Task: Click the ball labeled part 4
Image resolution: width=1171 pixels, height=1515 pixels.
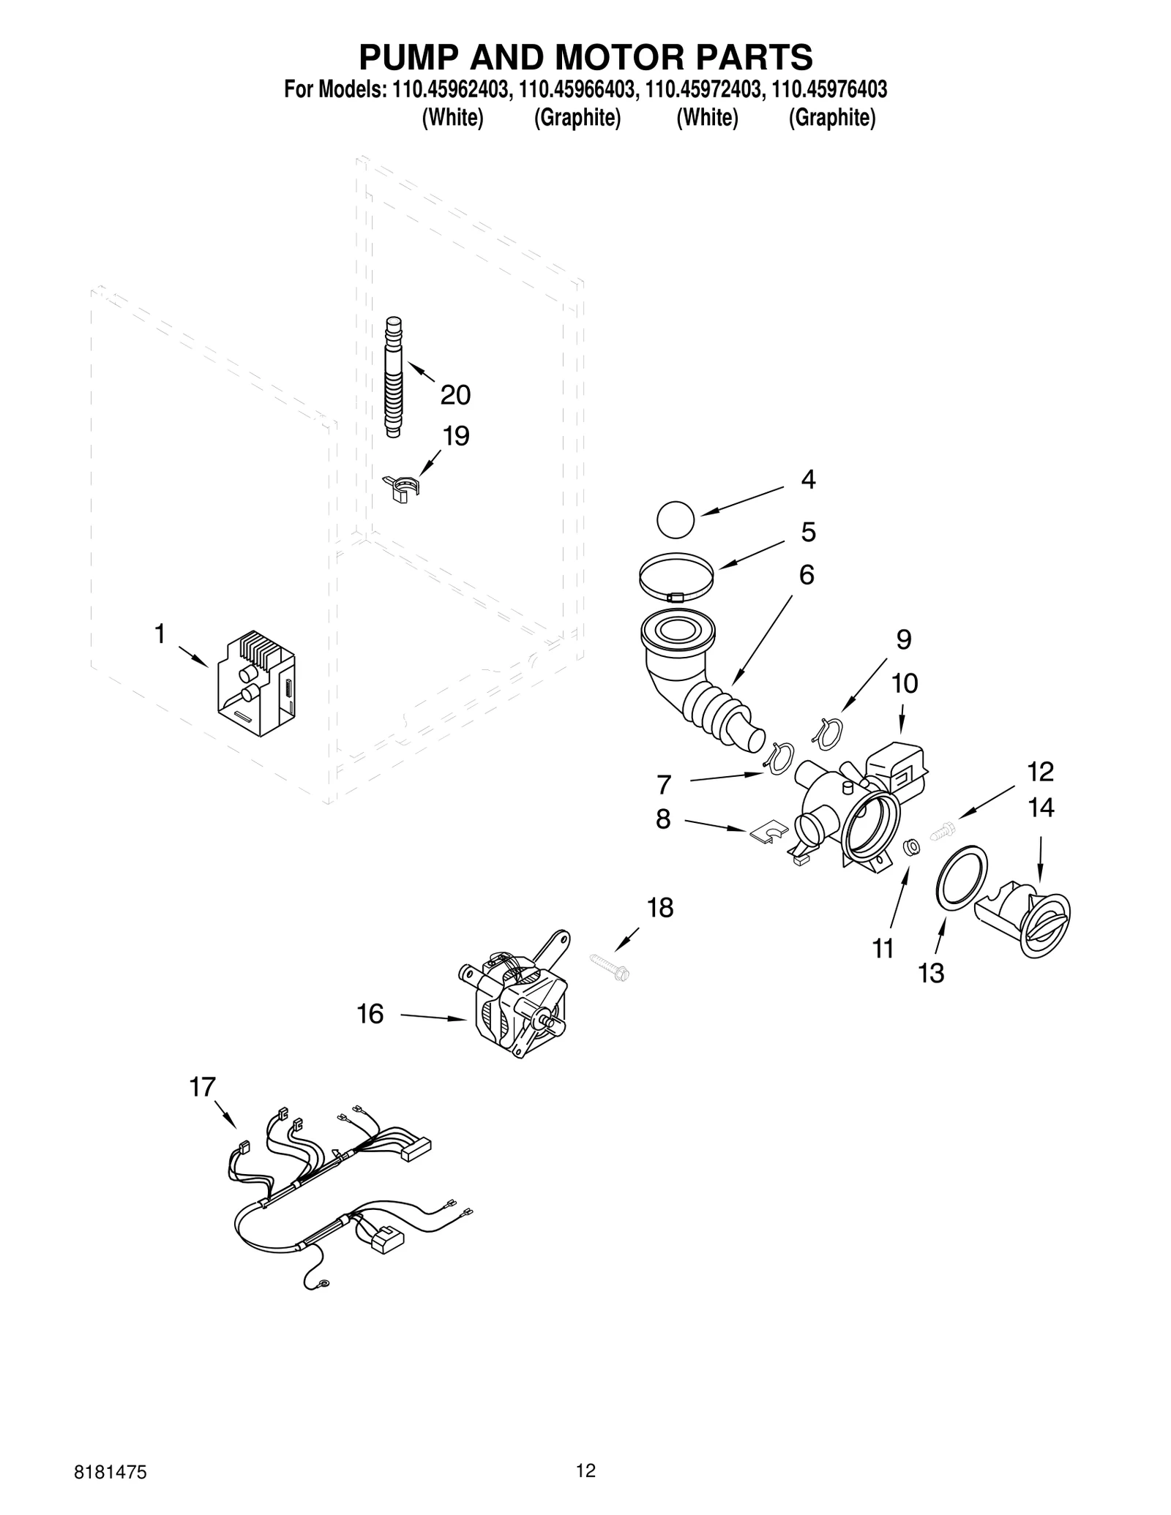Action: [x=675, y=519]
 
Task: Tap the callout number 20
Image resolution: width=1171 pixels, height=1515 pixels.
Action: [x=454, y=395]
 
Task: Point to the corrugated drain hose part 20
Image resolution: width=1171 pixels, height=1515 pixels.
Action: [x=394, y=377]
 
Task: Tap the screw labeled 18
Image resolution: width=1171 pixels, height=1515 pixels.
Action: [x=610, y=967]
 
